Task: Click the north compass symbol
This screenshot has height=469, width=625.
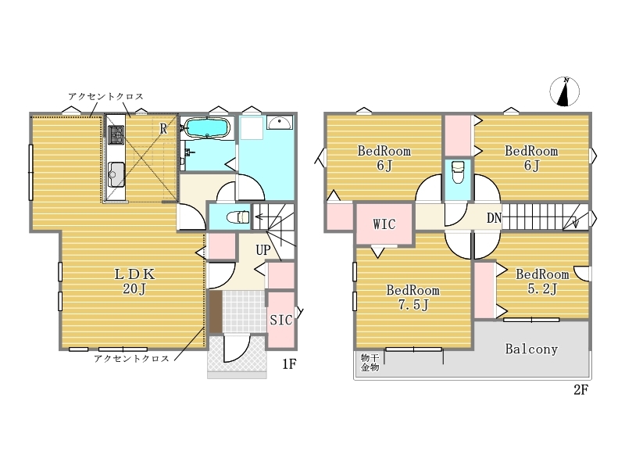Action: point(564,91)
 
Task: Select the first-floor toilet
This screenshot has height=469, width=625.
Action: point(237,217)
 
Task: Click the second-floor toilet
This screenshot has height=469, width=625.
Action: point(458,172)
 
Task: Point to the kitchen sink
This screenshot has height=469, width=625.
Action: point(116,174)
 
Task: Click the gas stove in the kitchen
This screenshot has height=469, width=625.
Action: point(116,134)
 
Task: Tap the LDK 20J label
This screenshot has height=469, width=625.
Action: point(134,281)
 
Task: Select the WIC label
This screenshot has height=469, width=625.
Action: point(384,224)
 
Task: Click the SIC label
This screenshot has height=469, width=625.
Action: point(281,320)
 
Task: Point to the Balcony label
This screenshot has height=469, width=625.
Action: point(531,349)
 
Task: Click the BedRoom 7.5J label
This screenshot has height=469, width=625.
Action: point(413,297)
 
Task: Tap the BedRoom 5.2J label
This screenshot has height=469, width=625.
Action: point(542,281)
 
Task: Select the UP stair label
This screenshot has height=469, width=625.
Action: point(263,250)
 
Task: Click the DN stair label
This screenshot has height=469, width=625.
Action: point(494,218)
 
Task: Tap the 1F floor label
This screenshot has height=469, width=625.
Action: point(289,363)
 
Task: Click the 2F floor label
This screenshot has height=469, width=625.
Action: point(580,389)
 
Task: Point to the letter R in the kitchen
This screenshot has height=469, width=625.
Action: point(163,128)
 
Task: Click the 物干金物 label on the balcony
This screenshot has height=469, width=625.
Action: point(370,362)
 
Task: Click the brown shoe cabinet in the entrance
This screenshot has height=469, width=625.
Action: point(216,312)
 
